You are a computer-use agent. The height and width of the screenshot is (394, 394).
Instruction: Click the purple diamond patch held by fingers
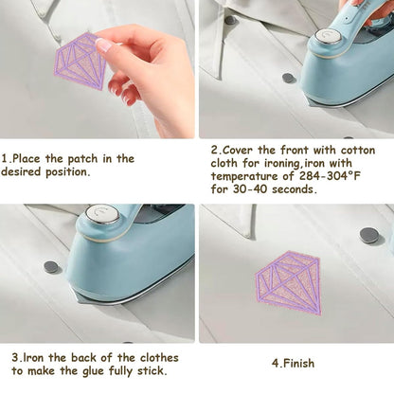pos(81,62)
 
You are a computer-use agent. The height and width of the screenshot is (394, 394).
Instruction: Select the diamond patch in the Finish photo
pos(288,283)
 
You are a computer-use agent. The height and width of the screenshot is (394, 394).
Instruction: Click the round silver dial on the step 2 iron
pos(328,36)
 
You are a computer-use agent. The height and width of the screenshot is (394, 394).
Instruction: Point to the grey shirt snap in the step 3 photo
pos(52,267)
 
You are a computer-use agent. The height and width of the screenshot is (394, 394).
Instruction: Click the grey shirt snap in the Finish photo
pos(368,235)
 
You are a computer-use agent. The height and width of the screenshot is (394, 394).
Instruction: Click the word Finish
pos(298,363)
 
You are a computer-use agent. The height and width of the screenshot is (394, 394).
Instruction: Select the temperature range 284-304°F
pos(330,176)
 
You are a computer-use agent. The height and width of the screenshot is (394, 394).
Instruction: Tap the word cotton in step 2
pos(358,150)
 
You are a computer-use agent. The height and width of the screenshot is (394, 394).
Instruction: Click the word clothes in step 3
pos(159,358)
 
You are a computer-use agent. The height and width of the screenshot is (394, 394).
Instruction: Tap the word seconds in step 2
pos(295,189)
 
